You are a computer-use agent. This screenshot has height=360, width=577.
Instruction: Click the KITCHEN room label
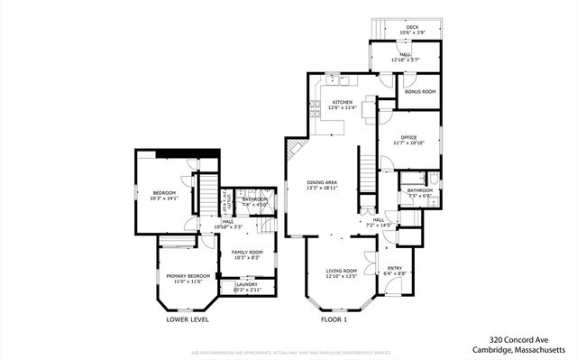coord(342,102)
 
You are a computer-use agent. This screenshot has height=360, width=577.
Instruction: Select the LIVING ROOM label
coord(342,271)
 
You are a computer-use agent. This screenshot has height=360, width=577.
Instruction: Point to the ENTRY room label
coord(395,268)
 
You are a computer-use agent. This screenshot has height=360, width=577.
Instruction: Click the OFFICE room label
coord(408,137)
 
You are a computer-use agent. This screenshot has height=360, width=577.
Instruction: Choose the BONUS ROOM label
coord(419,92)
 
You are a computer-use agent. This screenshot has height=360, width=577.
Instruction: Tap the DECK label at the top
coord(411,28)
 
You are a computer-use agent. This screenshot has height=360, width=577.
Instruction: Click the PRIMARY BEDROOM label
coord(188,276)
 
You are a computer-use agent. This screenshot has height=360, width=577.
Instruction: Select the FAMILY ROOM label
coord(246,253)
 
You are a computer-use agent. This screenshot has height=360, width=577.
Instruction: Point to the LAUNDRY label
coord(246,285)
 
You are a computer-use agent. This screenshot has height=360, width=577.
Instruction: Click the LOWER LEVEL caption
coord(188,319)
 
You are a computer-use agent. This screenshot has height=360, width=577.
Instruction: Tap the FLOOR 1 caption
coord(334,319)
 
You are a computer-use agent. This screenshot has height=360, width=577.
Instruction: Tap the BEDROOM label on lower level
coord(164,192)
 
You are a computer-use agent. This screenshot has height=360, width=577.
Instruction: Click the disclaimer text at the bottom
coord(288,353)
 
